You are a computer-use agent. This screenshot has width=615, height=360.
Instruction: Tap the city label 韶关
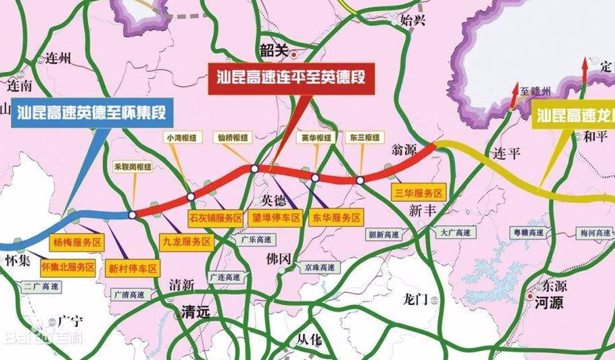coord(274,51)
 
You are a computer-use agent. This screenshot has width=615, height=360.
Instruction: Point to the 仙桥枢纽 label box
coord(233,137)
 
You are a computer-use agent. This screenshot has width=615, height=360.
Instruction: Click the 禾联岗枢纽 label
coord(133,167)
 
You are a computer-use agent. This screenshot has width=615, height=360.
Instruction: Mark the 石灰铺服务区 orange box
coord(216,218)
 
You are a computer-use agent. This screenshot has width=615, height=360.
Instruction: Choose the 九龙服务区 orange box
coord(186,242)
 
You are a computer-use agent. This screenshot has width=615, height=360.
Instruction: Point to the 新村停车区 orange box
coord(132,268)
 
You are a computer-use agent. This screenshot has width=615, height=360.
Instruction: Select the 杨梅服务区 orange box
coord(77,242)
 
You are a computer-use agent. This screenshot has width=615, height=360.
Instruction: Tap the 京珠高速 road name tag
coord(319,267)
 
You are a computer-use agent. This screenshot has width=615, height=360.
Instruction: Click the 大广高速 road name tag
coord(456,232)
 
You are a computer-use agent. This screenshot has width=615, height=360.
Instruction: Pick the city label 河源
coord(548,303)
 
